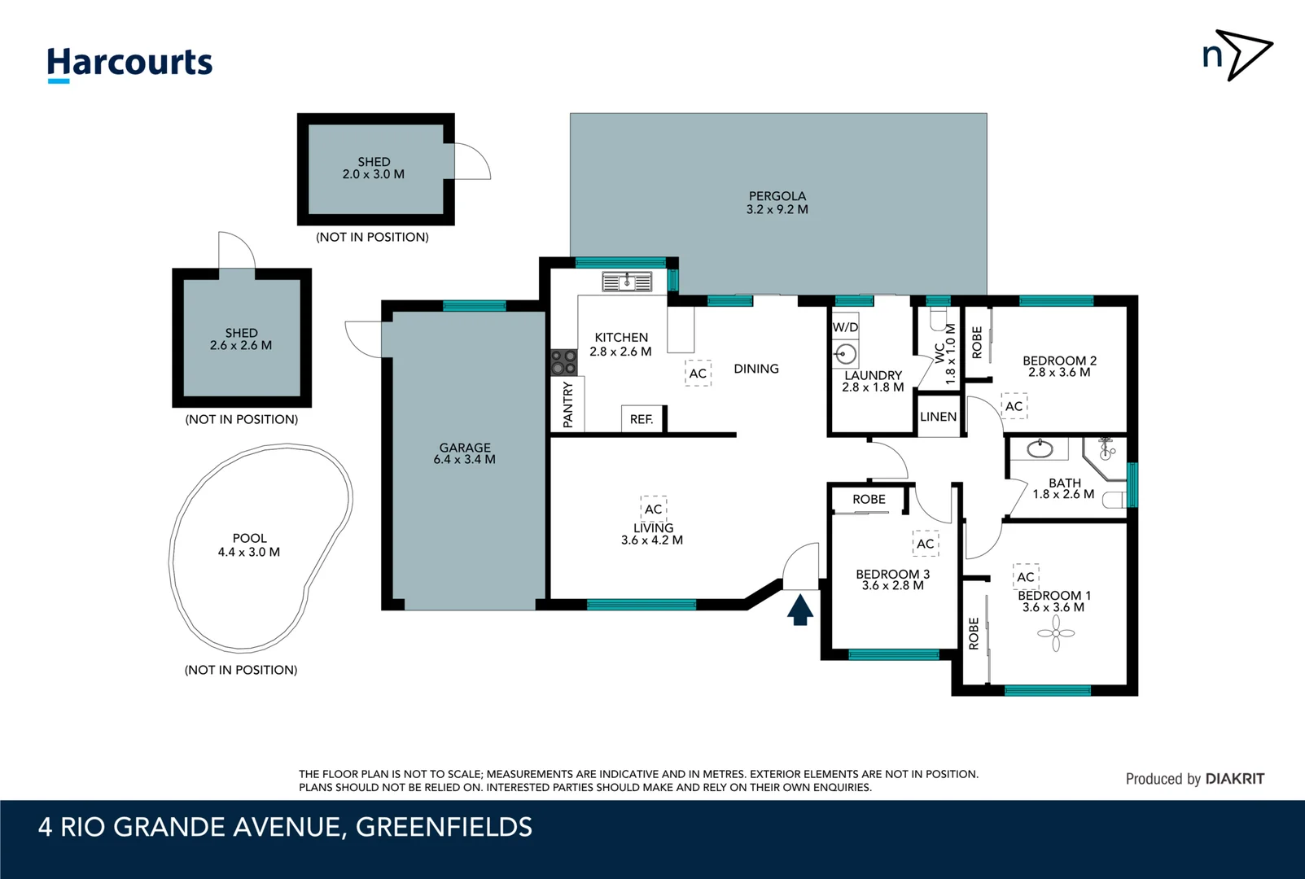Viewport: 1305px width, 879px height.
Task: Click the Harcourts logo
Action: pyautogui.click(x=129, y=63)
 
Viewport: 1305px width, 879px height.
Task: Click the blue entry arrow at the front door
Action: pyautogui.click(x=800, y=610)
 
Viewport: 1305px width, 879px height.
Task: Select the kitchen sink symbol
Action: pyautogui.click(x=627, y=282)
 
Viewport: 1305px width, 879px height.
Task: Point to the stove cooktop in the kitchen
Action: pyautogui.click(x=563, y=362)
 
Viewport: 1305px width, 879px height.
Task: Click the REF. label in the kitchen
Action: pyautogui.click(x=642, y=419)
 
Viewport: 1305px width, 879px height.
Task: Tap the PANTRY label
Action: pyautogui.click(x=568, y=405)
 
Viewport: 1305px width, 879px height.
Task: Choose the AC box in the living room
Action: pyautogui.click(x=654, y=509)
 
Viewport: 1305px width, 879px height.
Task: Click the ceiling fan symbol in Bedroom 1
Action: pyautogui.click(x=1056, y=633)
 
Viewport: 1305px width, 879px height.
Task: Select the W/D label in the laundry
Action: pyautogui.click(x=845, y=327)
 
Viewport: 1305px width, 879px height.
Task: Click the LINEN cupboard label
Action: pyautogui.click(x=938, y=417)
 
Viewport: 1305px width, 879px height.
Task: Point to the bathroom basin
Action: pyautogui.click(x=1040, y=448)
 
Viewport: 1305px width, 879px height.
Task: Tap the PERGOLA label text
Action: pyautogui.click(x=777, y=196)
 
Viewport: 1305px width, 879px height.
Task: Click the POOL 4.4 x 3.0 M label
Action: pyautogui.click(x=249, y=545)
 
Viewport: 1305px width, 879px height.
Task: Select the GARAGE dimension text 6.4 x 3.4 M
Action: pyautogui.click(x=465, y=460)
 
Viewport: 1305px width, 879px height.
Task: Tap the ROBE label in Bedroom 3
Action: pyautogui.click(x=869, y=500)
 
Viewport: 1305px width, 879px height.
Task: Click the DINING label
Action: pyautogui.click(x=756, y=369)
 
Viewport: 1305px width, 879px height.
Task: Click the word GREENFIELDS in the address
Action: pyautogui.click(x=444, y=827)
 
